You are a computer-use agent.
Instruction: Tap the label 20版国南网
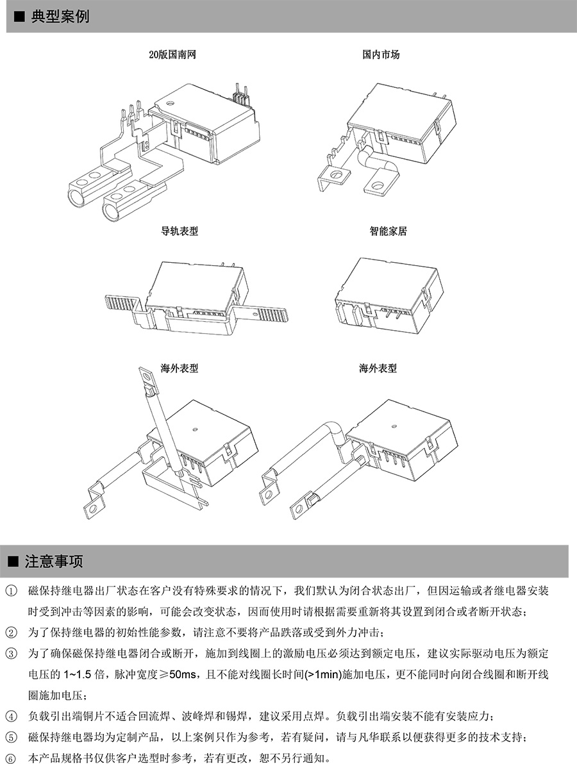(172, 55)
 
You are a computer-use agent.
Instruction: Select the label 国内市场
(381, 55)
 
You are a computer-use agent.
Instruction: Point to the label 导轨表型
(180, 231)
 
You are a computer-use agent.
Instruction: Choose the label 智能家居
(388, 231)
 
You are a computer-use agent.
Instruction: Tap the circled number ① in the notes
(11, 591)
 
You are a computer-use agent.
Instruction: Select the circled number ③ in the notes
(11, 654)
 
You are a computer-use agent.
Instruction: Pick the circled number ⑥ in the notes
(11, 759)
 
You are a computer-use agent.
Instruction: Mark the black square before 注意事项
(12, 562)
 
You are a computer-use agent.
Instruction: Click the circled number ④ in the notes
(11, 717)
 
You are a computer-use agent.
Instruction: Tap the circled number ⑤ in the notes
(11, 738)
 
